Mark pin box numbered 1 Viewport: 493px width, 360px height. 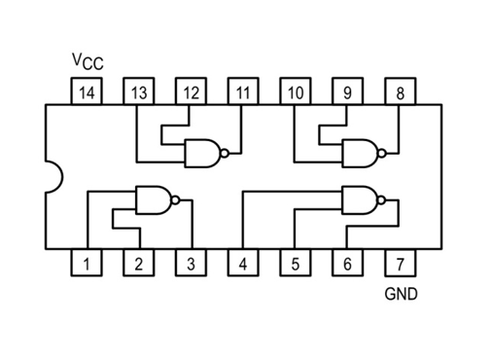(x=87, y=264)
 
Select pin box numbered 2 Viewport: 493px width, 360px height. (x=139, y=264)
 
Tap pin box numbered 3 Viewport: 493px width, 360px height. (x=192, y=264)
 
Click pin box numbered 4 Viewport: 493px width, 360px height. (x=243, y=264)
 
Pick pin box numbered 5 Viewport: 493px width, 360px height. (x=296, y=264)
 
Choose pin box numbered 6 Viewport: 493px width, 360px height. (x=347, y=264)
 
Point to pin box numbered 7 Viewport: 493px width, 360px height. (x=400, y=264)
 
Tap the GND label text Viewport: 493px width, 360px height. (x=401, y=293)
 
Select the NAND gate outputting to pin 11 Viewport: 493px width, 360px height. (x=202, y=153)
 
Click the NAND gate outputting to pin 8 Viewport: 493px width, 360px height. (x=361, y=153)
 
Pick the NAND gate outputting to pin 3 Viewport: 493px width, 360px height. (x=153, y=200)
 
